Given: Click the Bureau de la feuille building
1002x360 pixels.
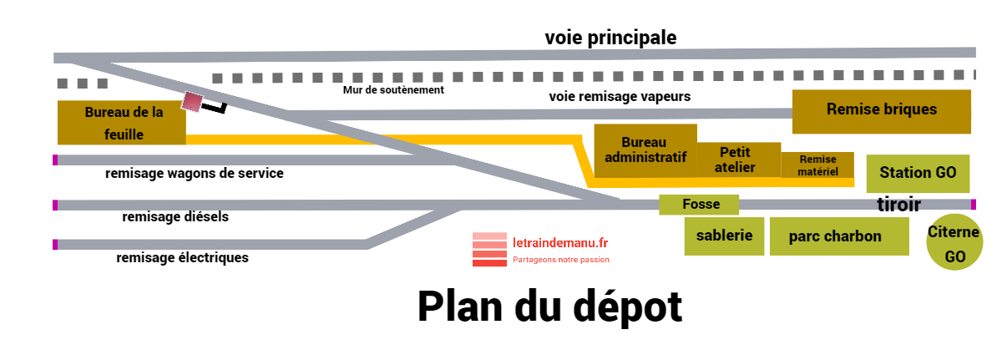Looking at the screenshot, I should click(x=121, y=122).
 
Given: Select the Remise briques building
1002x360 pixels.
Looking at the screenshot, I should click(x=881, y=110).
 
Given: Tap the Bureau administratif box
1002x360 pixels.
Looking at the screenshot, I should click(x=645, y=150).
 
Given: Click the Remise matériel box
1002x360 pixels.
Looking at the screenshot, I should click(x=817, y=165).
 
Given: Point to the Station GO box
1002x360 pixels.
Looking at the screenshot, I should click(x=918, y=173).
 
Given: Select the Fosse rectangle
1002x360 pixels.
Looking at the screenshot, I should click(x=700, y=204).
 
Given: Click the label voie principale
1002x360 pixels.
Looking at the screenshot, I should click(x=610, y=38).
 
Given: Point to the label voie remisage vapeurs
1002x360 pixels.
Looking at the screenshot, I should click(x=620, y=96).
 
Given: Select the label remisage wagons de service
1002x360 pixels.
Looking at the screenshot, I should click(x=195, y=174).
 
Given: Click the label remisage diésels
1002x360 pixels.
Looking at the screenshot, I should click(x=175, y=217).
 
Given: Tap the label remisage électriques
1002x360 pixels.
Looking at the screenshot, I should click(x=182, y=258).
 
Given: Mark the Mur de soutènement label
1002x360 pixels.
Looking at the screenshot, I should click(x=393, y=89).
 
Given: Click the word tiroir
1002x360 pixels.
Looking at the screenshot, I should click(x=898, y=205).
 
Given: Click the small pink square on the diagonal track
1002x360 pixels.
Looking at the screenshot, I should click(x=193, y=101).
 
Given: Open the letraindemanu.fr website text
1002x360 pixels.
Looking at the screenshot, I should click(x=560, y=241).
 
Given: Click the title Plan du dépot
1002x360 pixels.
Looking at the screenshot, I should click(x=549, y=307).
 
